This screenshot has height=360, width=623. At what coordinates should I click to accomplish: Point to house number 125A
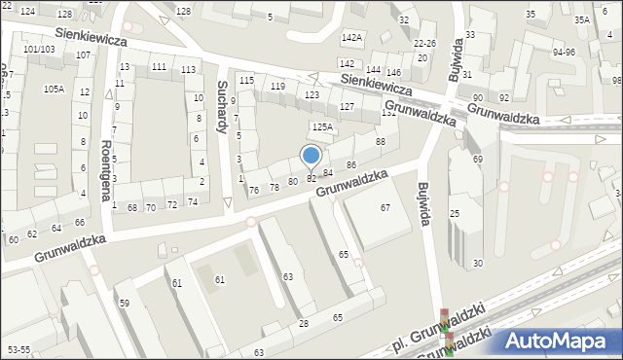(x=322, y=126)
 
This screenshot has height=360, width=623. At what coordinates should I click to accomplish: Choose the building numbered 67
(x=385, y=208)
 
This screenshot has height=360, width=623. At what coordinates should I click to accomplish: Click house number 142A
(x=351, y=37)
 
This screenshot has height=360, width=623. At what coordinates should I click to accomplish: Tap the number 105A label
(x=54, y=89)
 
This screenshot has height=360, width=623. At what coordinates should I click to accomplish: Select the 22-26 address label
(x=424, y=44)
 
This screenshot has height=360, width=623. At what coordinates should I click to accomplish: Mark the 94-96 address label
(x=564, y=53)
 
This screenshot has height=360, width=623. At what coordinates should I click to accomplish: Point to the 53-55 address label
(x=18, y=348)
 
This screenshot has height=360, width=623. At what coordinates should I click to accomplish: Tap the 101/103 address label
(x=39, y=49)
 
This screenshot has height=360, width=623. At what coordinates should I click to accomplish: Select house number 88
(x=381, y=142)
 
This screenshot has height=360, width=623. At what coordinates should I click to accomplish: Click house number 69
(x=477, y=159)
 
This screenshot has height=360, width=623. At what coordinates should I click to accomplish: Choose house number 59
(x=125, y=304)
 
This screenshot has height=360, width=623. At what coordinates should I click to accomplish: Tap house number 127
(x=347, y=106)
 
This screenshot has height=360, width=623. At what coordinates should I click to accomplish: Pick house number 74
(x=193, y=202)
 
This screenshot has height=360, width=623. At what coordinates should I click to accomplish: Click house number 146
(x=393, y=73)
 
